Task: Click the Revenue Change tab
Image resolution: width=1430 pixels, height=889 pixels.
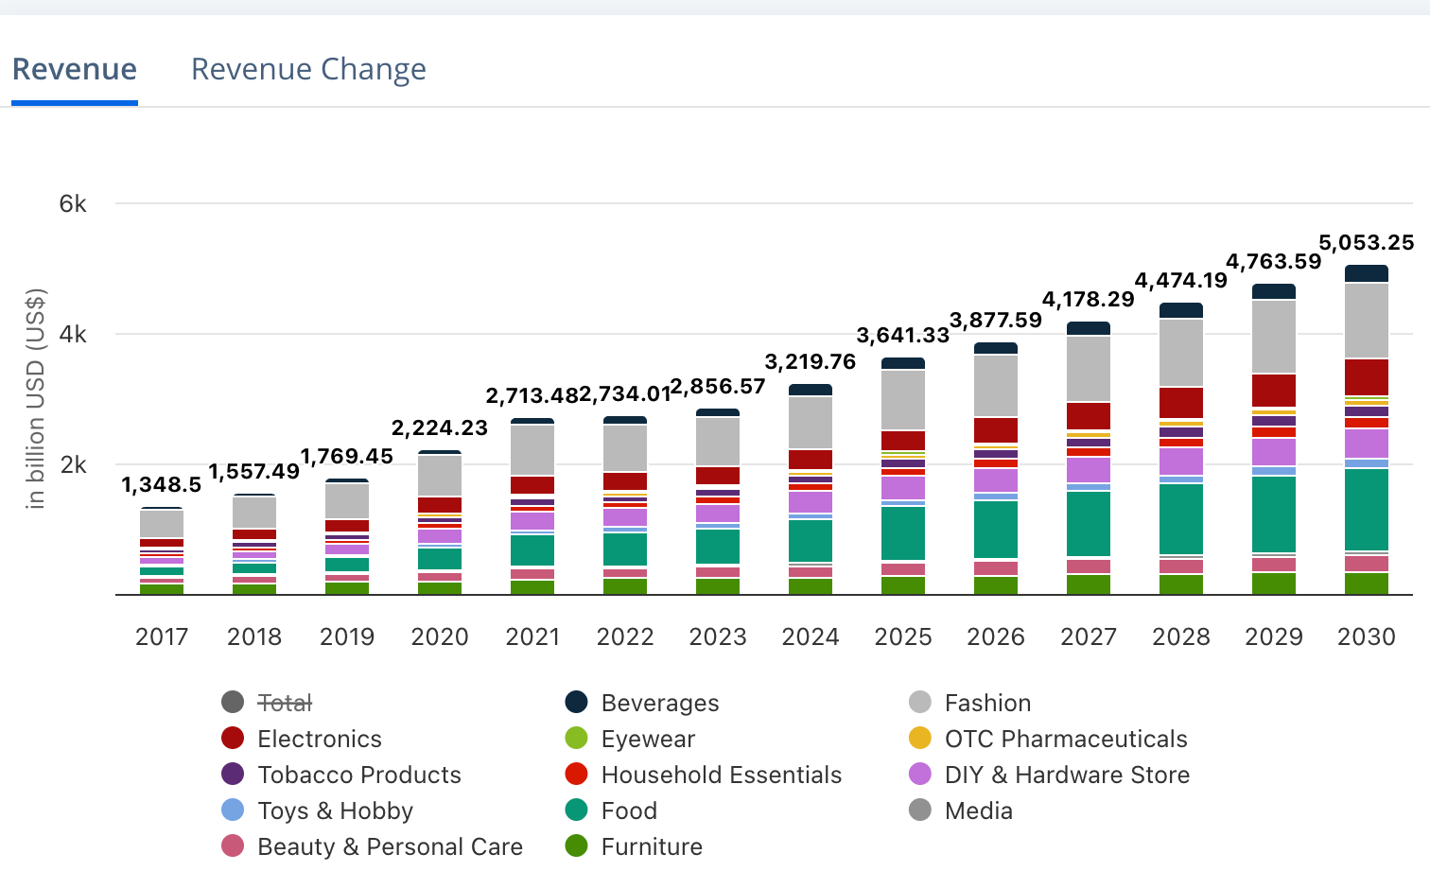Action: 308,69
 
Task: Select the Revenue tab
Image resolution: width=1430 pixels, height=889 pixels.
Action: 75,69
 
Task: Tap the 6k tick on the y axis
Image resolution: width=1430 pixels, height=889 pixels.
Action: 73,204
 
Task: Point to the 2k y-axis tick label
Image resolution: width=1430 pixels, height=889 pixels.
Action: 73,465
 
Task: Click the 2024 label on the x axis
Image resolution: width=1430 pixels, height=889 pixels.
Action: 811,636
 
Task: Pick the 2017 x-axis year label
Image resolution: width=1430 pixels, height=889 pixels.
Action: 162,636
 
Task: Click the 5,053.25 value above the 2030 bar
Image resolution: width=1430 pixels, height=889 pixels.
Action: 1366,243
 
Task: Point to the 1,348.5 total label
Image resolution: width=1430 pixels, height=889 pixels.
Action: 162,485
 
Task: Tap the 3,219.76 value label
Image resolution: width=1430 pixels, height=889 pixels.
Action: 811,362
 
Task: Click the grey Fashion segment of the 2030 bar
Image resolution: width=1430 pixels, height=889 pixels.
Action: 1367,321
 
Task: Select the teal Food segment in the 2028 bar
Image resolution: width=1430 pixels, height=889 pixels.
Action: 1181,518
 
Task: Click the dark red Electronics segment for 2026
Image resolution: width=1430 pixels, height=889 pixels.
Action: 996,430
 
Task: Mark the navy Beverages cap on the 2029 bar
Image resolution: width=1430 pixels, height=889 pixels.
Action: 1274,291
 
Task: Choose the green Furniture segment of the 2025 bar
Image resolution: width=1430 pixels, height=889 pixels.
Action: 903,585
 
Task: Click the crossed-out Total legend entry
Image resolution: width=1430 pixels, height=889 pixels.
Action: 285,703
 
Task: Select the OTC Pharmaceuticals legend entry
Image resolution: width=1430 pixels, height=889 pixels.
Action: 1065,739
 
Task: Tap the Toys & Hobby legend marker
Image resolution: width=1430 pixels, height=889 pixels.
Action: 233,811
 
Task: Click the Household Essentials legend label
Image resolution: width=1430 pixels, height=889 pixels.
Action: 721,775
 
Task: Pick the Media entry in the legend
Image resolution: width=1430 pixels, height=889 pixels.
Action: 978,811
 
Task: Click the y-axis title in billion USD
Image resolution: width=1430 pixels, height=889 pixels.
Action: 36,397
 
